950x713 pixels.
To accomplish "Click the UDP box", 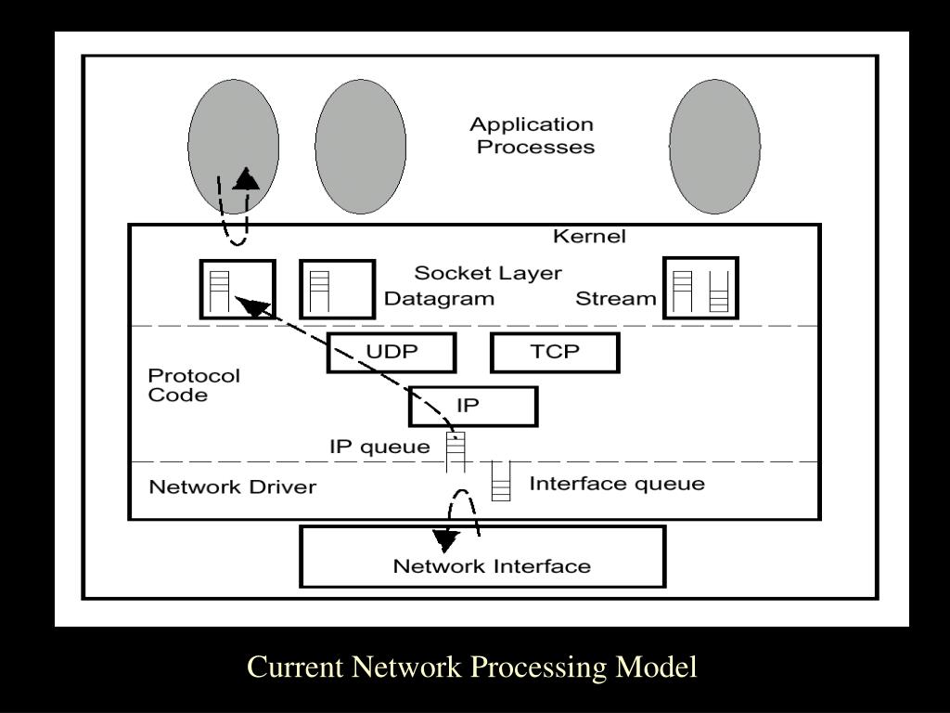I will pos(392,353).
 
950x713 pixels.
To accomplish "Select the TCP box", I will pos(554,353).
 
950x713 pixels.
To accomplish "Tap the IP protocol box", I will pos(473,406).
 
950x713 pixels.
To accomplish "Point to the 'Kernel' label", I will pos(589,237).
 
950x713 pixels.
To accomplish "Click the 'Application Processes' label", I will pos(533,136).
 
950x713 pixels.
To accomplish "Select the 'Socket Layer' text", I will pos(488,273).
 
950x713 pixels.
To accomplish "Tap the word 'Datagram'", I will pos(439,299).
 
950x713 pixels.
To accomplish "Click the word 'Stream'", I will pos(615,299).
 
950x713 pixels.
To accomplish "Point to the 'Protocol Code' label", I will pos(194,385).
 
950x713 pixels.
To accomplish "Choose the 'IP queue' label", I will pos(379,447).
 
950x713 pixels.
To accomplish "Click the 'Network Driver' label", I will pos(233,487).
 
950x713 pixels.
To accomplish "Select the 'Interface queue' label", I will pos(616,484).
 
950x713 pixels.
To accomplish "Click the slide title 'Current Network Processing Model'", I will pos(472,668).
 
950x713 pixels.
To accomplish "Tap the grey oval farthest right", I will pos(714,147).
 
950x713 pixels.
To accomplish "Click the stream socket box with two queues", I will pos(700,289).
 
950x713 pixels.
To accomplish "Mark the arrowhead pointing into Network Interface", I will pos(447,540).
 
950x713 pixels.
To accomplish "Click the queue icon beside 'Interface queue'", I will pos(501,482).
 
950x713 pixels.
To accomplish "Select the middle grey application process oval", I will pos(360,147).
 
